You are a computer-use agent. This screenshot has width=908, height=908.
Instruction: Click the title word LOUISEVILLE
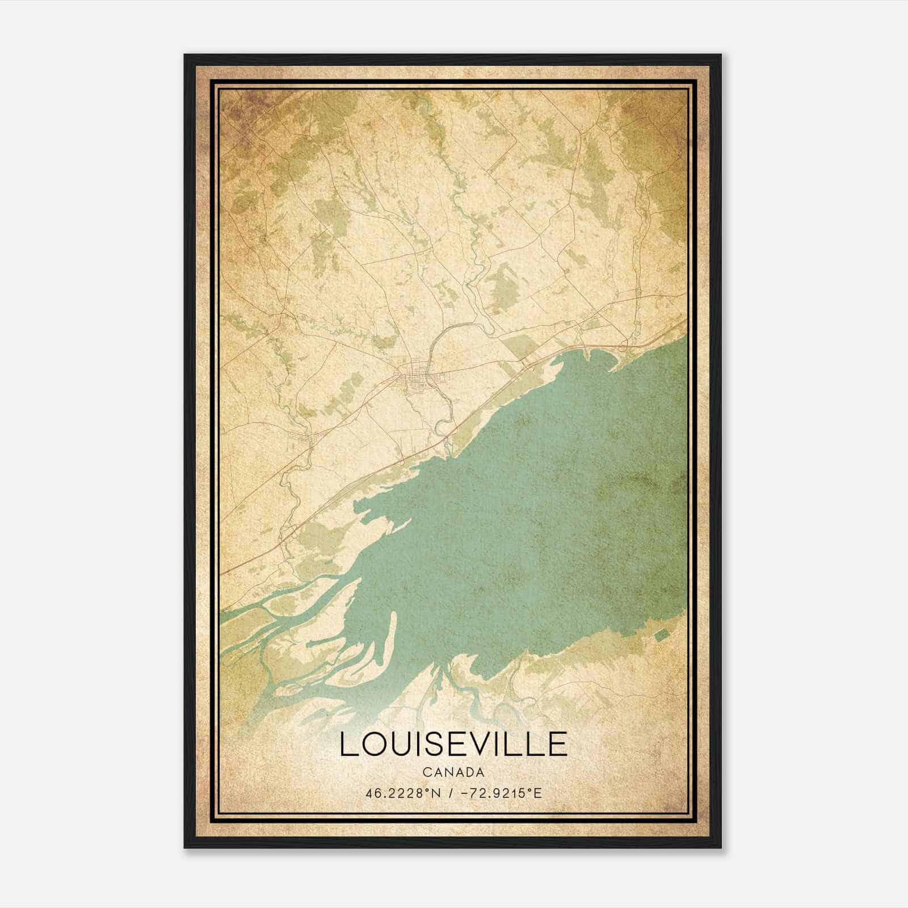453,745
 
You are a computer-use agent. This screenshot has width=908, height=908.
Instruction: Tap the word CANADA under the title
453,772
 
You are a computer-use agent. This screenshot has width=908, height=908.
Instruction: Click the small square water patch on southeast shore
662,634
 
